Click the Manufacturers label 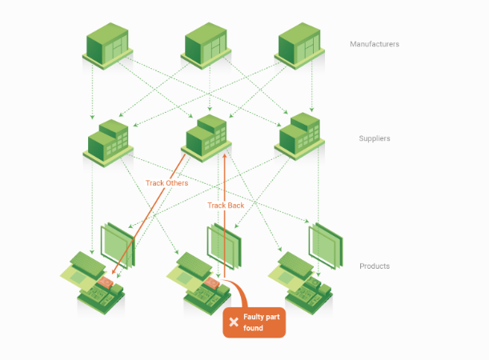(x=374, y=44)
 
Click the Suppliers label (x=375, y=138)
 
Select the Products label (x=374, y=266)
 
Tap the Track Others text (x=166, y=183)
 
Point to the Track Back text (x=226, y=206)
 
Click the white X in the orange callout (x=234, y=322)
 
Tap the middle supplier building (x=206, y=138)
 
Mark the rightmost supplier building (x=298, y=138)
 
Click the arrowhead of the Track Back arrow (x=225, y=156)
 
